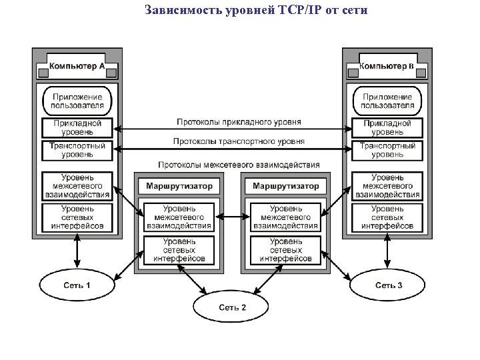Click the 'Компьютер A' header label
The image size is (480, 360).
tap(77, 66)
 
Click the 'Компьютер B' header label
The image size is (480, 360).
tap(387, 66)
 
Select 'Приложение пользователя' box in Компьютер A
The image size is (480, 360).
tap(77, 101)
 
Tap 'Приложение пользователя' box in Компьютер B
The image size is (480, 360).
tap(387, 101)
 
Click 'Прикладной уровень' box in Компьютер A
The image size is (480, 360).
tap(77, 127)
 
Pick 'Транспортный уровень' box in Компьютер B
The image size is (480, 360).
tap(387, 150)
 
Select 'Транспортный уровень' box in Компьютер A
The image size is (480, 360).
tap(77, 150)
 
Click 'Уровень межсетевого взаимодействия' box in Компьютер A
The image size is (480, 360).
tap(77, 186)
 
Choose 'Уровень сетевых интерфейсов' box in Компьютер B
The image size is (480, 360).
tap(387, 217)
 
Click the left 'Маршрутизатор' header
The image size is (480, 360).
tap(179, 186)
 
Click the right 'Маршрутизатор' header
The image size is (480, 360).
tap(286, 186)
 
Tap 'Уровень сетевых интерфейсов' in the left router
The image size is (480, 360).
tap(179, 249)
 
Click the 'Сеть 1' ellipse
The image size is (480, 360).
tap(77, 285)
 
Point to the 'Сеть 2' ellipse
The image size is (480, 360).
tap(232, 307)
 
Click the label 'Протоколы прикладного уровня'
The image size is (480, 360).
tap(239, 122)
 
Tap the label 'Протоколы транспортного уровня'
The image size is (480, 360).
tap(239, 141)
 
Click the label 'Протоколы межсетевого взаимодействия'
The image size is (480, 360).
tap(239, 164)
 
